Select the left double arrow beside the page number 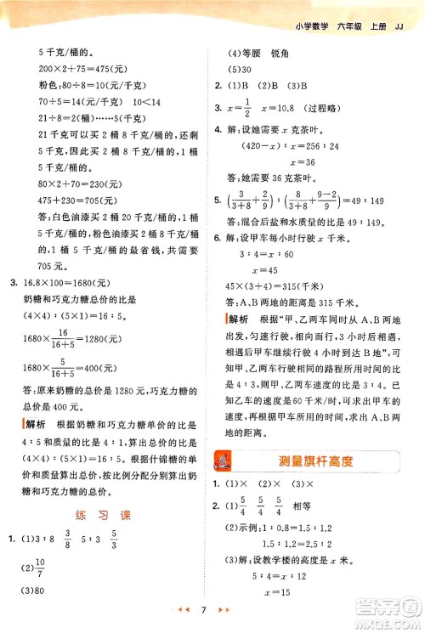tap(191, 611)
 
